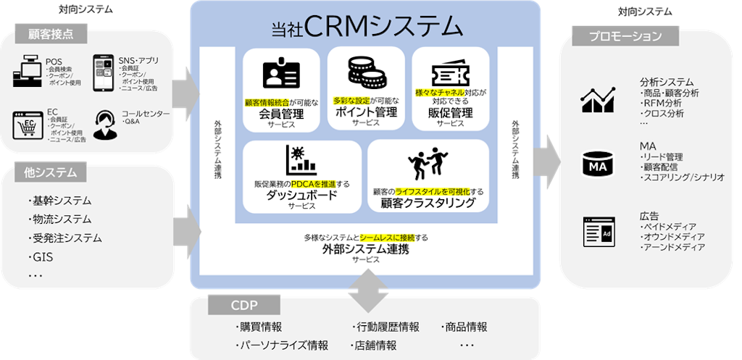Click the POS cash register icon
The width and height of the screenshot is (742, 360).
point(28,71)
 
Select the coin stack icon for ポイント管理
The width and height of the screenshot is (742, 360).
point(365,73)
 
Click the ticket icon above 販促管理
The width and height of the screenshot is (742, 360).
point(451,73)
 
